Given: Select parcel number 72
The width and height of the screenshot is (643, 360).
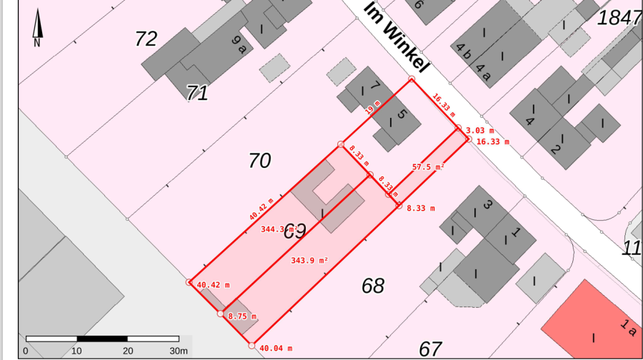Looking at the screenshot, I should pyautogui.click(x=146, y=39).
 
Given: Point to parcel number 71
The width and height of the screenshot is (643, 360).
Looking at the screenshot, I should pyautogui.click(x=197, y=92).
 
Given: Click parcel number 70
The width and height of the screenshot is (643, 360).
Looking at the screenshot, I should pyautogui.click(x=259, y=161).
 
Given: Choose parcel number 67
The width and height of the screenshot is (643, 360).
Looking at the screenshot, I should pyautogui.click(x=430, y=349).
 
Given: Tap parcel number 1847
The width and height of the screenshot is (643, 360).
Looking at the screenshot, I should pyautogui.click(x=619, y=19).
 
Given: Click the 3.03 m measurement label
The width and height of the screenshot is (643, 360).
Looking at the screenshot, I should pyautogui.click(x=480, y=131).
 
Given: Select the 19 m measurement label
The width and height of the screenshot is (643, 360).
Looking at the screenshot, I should pyautogui.click(x=371, y=109).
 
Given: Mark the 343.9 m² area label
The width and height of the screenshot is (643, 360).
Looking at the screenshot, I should pyautogui.click(x=309, y=261).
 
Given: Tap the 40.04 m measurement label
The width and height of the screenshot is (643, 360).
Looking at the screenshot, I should pyautogui.click(x=276, y=349).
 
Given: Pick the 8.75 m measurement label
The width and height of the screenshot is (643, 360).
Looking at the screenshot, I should pyautogui.click(x=242, y=316).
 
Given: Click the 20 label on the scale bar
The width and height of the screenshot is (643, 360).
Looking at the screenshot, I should pyautogui.click(x=128, y=351).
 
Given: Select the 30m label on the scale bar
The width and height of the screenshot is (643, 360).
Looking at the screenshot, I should pyautogui.click(x=179, y=351).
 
